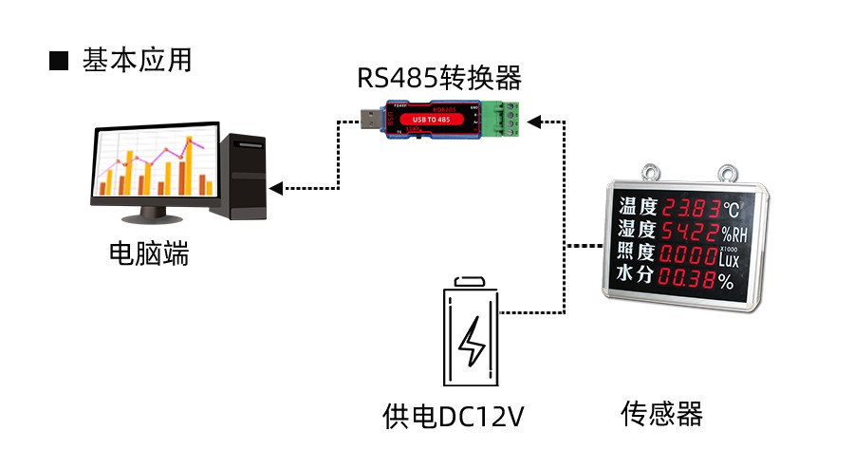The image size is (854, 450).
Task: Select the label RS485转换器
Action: pyautogui.click(x=438, y=77)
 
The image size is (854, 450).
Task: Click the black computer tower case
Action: pyautogui.click(x=243, y=177)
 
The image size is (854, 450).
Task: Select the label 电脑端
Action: pyautogui.click(x=149, y=253)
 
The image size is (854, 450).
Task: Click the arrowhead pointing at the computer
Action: pyautogui.click(x=276, y=188)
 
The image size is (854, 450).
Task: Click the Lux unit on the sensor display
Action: pyautogui.click(x=729, y=258)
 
